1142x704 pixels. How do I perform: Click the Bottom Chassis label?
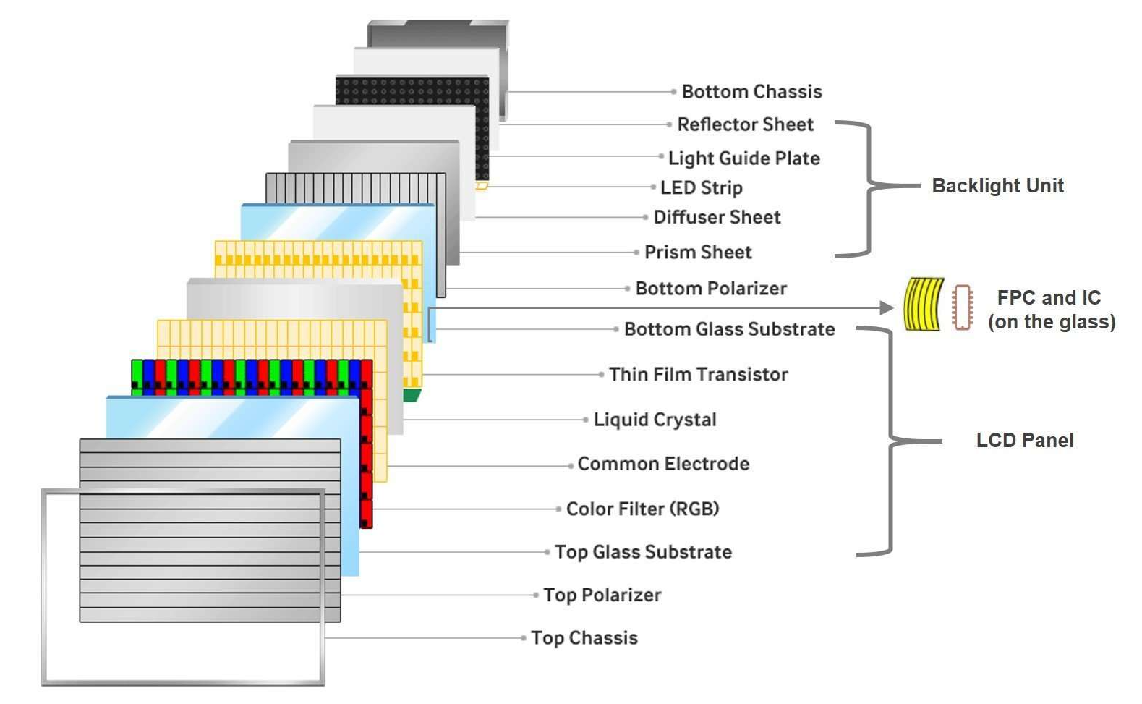(751, 92)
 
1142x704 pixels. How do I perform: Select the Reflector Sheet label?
(746, 124)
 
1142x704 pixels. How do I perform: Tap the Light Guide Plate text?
(743, 158)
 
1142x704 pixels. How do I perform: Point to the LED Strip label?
(701, 187)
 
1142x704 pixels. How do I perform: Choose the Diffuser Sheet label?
(717, 217)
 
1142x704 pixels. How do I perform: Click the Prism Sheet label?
(698, 252)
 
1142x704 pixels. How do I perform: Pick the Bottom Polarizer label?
(711, 288)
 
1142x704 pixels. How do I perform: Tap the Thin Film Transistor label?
(698, 374)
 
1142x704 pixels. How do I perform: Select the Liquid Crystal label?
(655, 420)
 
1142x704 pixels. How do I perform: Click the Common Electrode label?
(663, 464)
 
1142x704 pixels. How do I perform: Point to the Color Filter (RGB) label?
(642, 509)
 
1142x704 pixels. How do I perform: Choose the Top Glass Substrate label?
(643, 551)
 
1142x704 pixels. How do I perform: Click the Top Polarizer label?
(602, 595)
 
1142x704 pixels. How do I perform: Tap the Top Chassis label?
(584, 637)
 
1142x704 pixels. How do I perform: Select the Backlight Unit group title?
(998, 186)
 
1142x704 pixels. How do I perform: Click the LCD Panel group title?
(1025, 440)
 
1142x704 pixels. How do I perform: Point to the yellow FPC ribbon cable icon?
(924, 305)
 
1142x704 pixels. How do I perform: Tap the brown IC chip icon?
(962, 307)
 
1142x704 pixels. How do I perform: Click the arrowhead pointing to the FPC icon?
(887, 308)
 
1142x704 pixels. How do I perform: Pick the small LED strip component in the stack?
(482, 186)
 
